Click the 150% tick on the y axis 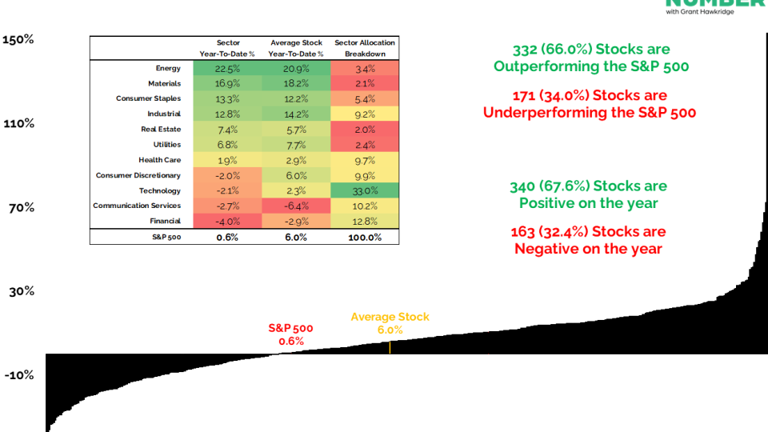tap(18, 39)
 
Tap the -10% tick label tap(18, 375)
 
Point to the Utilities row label tap(162, 145)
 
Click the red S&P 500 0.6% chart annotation tap(290, 334)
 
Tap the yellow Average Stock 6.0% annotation tap(390, 323)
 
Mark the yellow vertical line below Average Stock tap(390, 347)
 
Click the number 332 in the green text tap(525, 50)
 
